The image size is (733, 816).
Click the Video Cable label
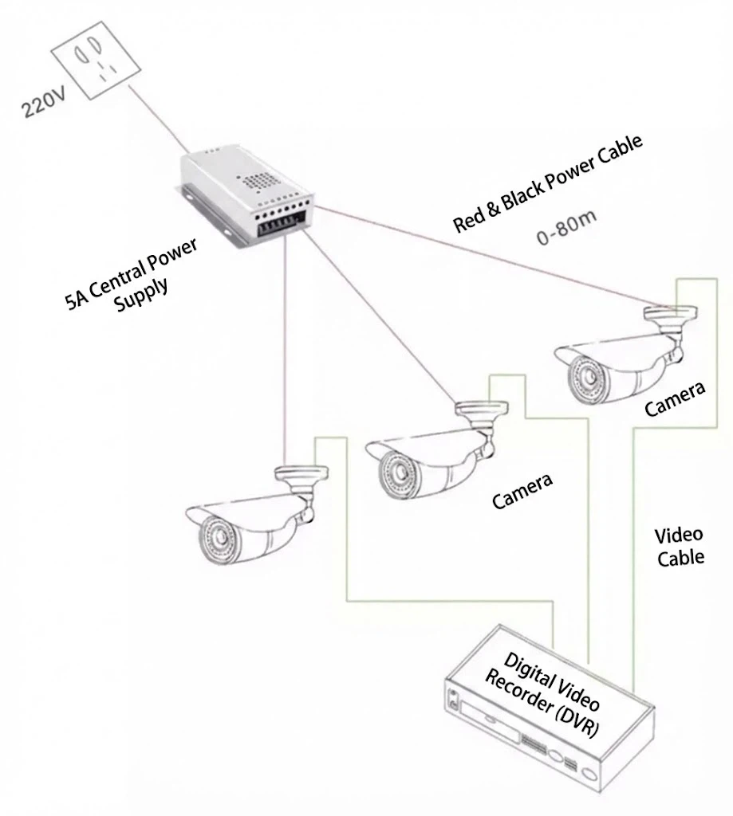click(x=680, y=546)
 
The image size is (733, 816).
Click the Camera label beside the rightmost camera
click(x=675, y=399)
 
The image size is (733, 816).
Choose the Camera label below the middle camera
click(x=522, y=491)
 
